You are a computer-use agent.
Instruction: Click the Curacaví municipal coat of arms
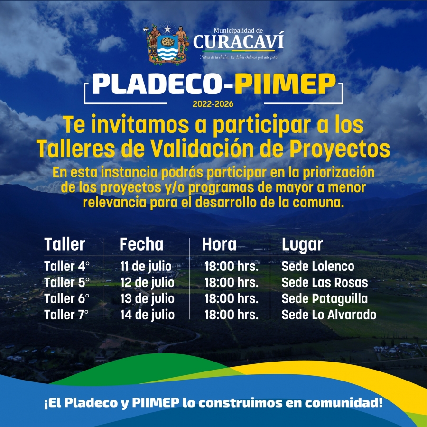pyautogui.click(x=167, y=45)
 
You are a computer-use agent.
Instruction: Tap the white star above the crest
pyautogui.click(x=167, y=28)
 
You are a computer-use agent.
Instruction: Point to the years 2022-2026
pyautogui.click(x=213, y=104)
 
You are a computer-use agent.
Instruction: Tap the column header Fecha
pyautogui.click(x=141, y=244)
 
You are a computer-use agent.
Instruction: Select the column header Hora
pyautogui.click(x=219, y=244)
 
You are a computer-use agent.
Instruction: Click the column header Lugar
pyautogui.click(x=302, y=245)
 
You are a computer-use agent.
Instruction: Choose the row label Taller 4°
pyautogui.click(x=67, y=266)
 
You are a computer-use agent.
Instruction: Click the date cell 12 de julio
pyautogui.click(x=148, y=283)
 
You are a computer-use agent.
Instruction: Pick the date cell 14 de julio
pyautogui.click(x=148, y=315)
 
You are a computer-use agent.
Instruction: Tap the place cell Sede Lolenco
pyautogui.click(x=318, y=266)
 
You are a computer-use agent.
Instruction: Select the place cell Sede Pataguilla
pyautogui.click(x=325, y=299)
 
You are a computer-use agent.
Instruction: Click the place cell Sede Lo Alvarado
pyautogui.click(x=329, y=315)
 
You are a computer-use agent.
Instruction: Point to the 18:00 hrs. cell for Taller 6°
pyautogui.click(x=232, y=299)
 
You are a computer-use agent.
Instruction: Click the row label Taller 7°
pyautogui.click(x=66, y=315)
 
